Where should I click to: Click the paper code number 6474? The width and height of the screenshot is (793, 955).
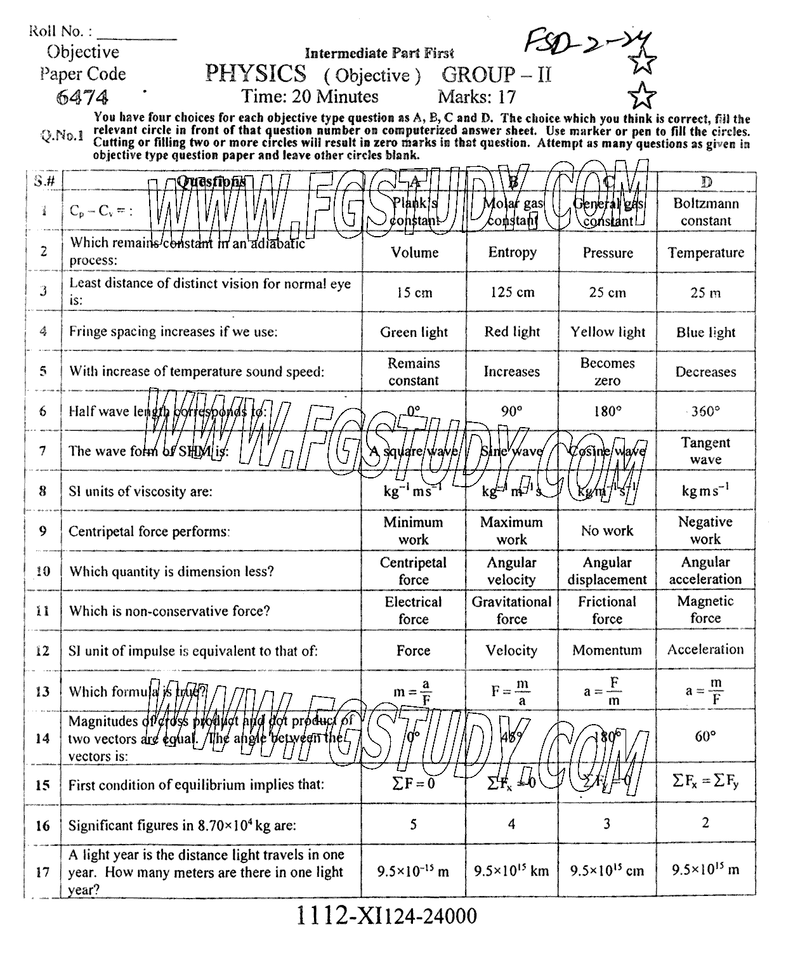[x=82, y=97]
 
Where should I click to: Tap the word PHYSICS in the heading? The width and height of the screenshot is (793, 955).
[x=256, y=74]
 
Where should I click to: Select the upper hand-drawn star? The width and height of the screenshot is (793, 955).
[x=642, y=62]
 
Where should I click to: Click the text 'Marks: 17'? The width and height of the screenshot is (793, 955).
[x=476, y=97]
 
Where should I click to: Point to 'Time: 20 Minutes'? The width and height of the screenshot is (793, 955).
[x=310, y=96]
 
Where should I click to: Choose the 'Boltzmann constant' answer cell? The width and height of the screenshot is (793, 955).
[x=705, y=212]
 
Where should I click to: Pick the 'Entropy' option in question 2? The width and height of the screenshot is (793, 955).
[x=512, y=253]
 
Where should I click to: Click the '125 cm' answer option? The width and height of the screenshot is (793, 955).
[x=512, y=293]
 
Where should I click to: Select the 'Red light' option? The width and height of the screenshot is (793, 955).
[x=512, y=332]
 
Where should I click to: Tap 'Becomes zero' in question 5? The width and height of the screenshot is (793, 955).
[x=607, y=372]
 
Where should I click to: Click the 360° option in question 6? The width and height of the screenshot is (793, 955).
[x=705, y=411]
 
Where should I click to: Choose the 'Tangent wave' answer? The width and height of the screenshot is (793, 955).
[x=705, y=451]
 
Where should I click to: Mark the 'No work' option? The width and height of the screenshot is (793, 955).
[x=607, y=530]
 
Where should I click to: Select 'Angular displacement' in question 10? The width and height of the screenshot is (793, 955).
[x=607, y=570]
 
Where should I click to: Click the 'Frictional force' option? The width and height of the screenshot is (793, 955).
[x=607, y=610]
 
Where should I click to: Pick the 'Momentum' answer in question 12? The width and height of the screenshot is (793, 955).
[x=607, y=650]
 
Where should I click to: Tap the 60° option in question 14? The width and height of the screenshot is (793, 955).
[x=705, y=737]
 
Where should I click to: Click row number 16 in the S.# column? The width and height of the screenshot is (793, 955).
[x=43, y=826]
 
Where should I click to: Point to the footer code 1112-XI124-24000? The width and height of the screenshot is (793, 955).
[x=386, y=916]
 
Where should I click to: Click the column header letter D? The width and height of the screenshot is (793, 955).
[x=705, y=182]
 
